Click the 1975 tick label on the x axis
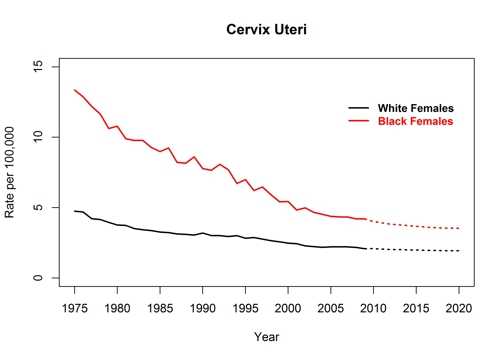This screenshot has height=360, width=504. [x=75, y=308]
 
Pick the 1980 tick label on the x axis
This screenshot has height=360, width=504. [x=117, y=308]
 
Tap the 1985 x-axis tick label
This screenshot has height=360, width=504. [x=160, y=308]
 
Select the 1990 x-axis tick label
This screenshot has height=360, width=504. [x=203, y=308]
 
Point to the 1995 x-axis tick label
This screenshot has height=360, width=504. [x=245, y=308]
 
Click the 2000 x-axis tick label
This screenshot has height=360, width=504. [x=288, y=308]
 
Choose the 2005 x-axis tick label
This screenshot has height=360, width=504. [x=330, y=308]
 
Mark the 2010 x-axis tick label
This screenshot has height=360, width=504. [x=373, y=308]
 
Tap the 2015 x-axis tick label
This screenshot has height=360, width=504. [x=415, y=308]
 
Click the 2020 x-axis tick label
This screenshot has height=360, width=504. [x=458, y=308]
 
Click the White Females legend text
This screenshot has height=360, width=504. [x=415, y=108]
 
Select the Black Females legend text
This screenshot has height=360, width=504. [x=415, y=121]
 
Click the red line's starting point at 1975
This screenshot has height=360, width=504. [x=75, y=90]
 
